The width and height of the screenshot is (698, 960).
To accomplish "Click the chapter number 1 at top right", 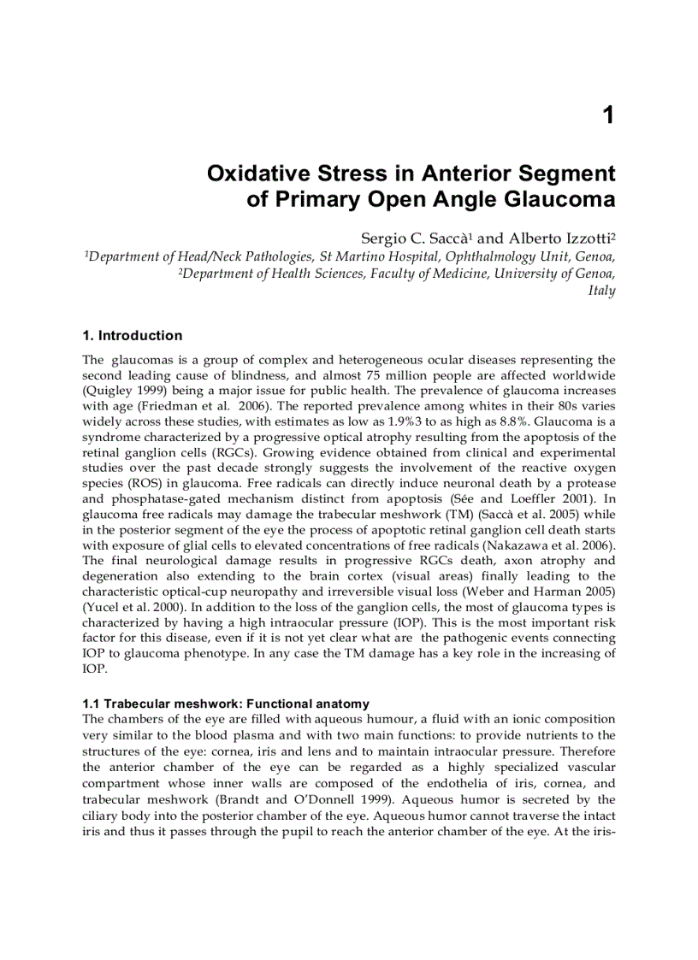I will (608, 115).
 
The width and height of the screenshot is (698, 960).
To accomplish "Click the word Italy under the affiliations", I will (601, 291).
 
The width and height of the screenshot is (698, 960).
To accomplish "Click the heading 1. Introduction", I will (132, 336).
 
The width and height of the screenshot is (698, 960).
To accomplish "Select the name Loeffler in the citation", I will (535, 498).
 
